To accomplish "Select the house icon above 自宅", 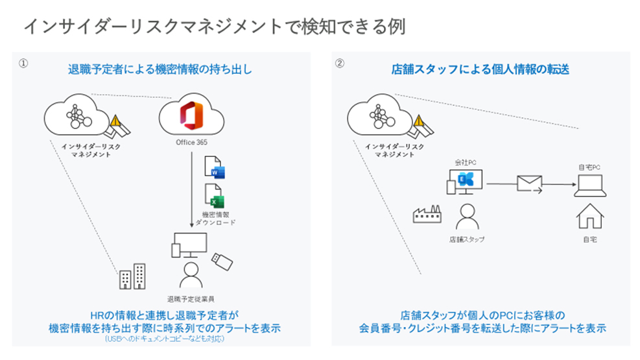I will pos(589,217).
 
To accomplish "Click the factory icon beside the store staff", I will pos(427,215).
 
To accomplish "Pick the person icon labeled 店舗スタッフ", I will pos(466,217).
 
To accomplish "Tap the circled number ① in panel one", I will pos(23,64).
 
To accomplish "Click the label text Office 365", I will pos(191,141).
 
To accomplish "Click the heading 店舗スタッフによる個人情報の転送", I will pos(480,69).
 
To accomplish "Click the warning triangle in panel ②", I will pos(420,121).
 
